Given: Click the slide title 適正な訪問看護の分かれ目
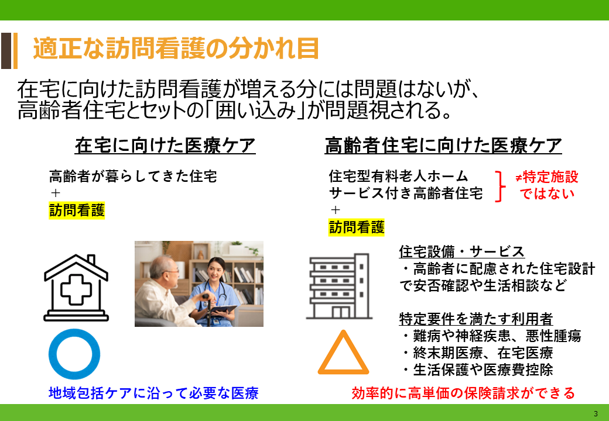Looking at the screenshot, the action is pyautogui.click(x=176, y=49).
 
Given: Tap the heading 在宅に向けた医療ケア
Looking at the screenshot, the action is pyautogui.click(x=165, y=146).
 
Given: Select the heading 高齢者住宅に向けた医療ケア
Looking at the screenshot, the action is pyautogui.click(x=443, y=146).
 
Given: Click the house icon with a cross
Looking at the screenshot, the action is pyautogui.click(x=76, y=288).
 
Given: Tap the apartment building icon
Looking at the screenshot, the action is pyautogui.click(x=339, y=286).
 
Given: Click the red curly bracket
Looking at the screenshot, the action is pyautogui.click(x=501, y=186).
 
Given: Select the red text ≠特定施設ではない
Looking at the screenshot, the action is pyautogui.click(x=547, y=185).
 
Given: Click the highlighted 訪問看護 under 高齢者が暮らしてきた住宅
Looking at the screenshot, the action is pyautogui.click(x=77, y=210).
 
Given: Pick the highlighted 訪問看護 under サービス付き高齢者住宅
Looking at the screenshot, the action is pyautogui.click(x=357, y=227).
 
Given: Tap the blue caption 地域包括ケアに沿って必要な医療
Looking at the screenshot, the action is pyautogui.click(x=154, y=393).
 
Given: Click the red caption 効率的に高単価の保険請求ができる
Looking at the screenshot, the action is pyautogui.click(x=463, y=393).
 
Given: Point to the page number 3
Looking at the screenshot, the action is pyautogui.click(x=596, y=413).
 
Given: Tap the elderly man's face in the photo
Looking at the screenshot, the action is pyautogui.click(x=170, y=271).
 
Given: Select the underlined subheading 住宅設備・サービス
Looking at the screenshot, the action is pyautogui.click(x=462, y=251).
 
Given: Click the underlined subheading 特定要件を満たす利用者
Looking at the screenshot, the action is pyautogui.click(x=476, y=319).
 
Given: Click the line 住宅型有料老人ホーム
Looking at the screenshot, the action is pyautogui.click(x=399, y=177).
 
